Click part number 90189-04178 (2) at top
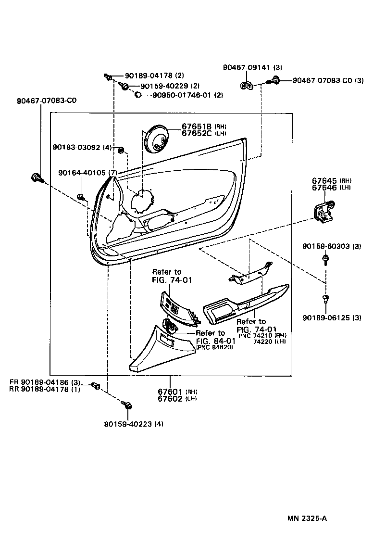tap(154, 76)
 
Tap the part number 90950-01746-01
tap(182, 95)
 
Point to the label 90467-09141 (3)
tap(252, 68)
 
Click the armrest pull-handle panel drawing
tap(245, 304)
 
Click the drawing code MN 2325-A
tap(308, 519)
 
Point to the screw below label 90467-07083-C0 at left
tap(37, 178)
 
